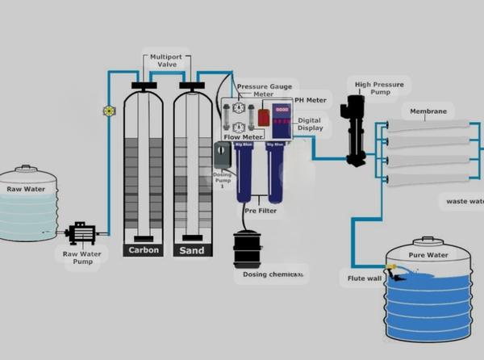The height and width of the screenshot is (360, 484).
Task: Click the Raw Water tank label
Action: (x=26, y=190)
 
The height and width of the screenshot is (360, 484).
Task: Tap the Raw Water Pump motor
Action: (x=81, y=233)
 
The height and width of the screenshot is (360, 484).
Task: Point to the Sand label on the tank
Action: (x=191, y=250)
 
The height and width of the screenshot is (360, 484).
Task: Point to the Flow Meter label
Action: (x=244, y=137)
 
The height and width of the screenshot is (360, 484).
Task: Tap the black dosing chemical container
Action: (x=246, y=251)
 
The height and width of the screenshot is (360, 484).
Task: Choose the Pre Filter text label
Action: (x=261, y=210)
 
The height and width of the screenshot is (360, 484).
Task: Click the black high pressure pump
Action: (x=355, y=129)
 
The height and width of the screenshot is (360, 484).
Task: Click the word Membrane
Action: (x=428, y=111)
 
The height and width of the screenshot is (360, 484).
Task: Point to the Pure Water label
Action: (x=428, y=256)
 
